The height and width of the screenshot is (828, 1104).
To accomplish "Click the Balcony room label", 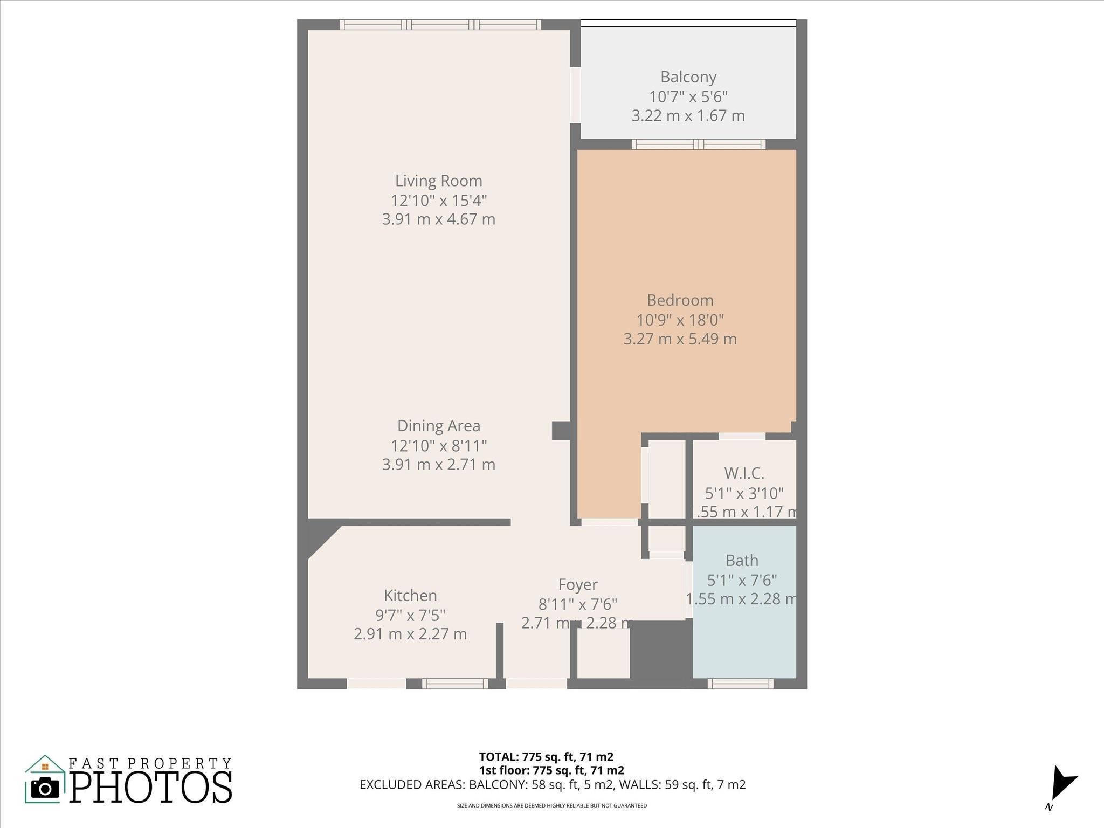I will pos(688,77).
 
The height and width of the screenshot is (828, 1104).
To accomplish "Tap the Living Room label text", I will pos(438,181).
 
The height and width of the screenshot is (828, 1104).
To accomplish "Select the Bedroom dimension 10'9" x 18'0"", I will pos(680,320).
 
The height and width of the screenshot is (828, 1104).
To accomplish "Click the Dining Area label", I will pos(438,426).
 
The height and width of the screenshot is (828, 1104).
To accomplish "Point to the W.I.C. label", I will pos(744,473).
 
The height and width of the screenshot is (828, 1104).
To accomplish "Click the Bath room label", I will pos(742,561).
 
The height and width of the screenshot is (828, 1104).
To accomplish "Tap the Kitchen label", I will pos(410,596).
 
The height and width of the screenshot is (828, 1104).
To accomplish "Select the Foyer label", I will pos(577,584).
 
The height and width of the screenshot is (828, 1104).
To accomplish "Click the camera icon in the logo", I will pos(45,789).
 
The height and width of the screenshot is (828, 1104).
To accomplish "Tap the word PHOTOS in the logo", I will pos(151,788).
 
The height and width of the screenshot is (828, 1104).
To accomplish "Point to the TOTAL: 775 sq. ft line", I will pos(546,757).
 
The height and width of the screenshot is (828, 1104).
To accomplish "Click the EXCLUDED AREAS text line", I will pos(552,785).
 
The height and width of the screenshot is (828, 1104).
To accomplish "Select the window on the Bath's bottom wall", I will pos(740,684).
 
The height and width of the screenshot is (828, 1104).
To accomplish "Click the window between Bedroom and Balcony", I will pos(698,144).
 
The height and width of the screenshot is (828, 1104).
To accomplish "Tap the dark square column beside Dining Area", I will pos(561,431).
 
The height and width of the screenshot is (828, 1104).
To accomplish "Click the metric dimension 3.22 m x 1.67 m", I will pos(688,116).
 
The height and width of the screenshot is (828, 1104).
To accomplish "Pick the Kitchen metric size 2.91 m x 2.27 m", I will pos(410,634).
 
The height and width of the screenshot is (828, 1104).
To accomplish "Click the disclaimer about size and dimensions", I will pos(551,806).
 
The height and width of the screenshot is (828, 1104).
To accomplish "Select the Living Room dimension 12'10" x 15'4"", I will pos(438,201).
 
